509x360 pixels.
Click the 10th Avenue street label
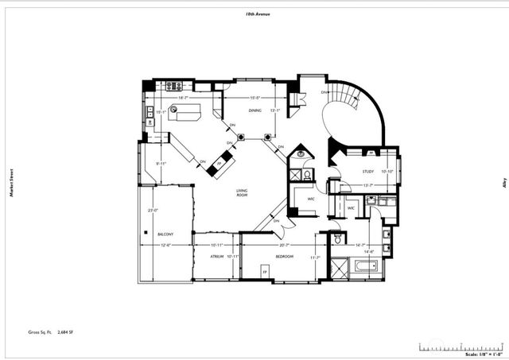click(x=258, y=14)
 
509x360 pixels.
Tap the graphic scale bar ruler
click(x=461, y=346)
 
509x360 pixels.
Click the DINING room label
click(x=254, y=110)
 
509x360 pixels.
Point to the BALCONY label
click(x=166, y=234)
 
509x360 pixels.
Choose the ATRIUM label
click(x=216, y=257)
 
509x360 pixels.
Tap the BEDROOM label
click(x=284, y=257)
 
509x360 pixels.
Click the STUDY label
click(x=367, y=171)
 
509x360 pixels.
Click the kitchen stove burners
click(x=174, y=85)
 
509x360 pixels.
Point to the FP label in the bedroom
click(x=265, y=273)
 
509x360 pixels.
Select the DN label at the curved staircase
click(x=324, y=93)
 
